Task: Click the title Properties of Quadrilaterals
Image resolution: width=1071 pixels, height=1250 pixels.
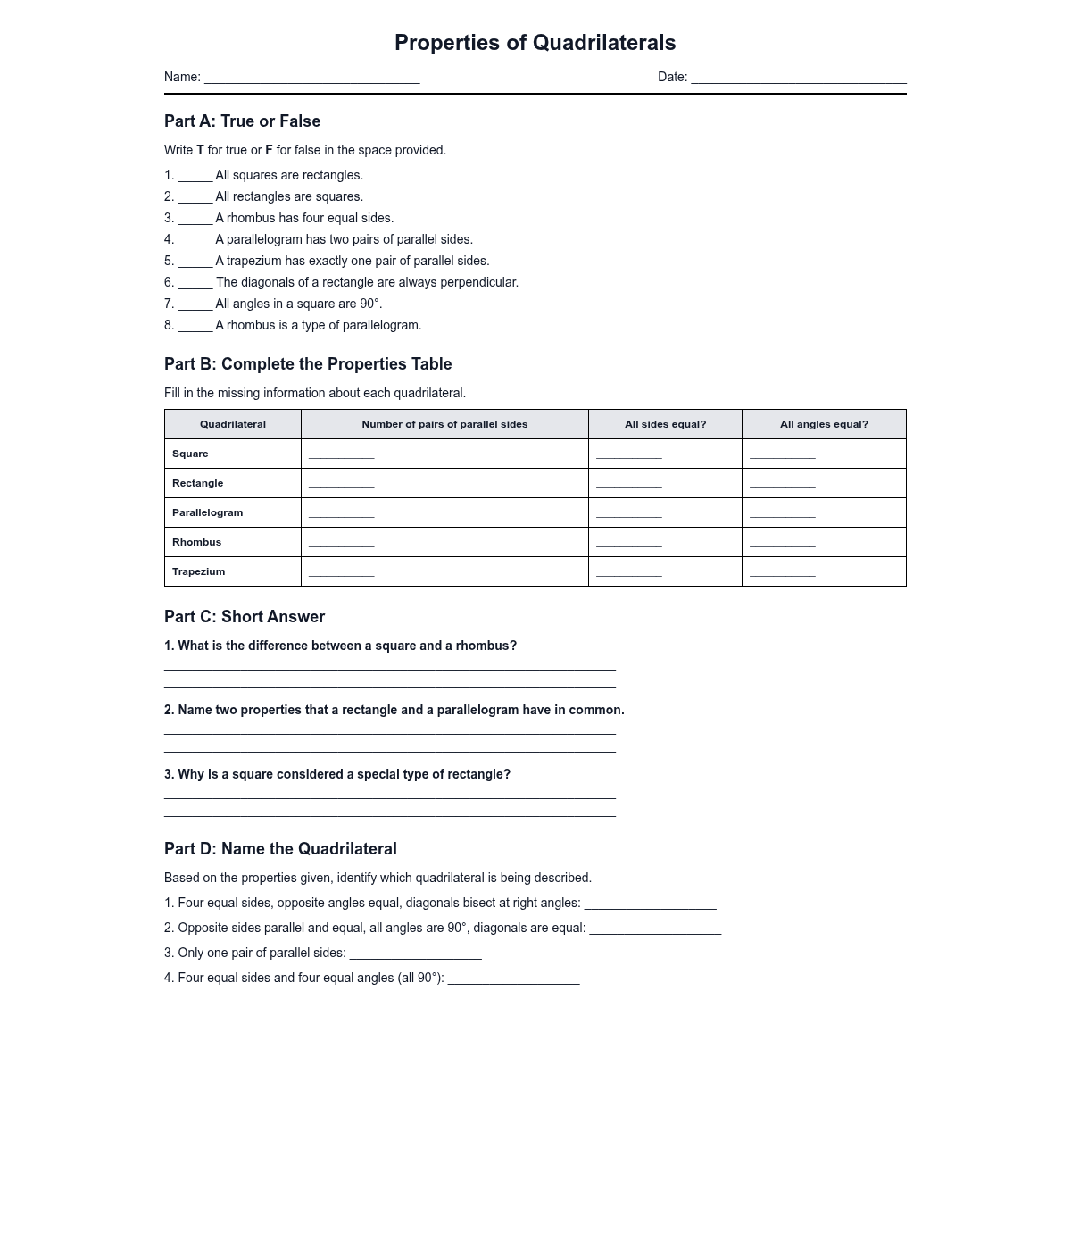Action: click(x=535, y=43)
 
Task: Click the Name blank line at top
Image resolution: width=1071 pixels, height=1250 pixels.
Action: click(x=311, y=79)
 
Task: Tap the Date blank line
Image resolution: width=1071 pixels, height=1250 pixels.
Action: click(x=798, y=79)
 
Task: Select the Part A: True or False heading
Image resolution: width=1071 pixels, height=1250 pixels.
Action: click(x=242, y=121)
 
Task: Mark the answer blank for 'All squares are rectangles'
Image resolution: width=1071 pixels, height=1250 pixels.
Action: click(x=195, y=177)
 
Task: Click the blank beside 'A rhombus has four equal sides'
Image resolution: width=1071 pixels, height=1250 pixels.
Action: click(x=195, y=220)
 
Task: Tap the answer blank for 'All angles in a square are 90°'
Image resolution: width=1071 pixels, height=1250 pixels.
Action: click(x=195, y=305)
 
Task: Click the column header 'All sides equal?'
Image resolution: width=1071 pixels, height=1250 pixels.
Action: click(x=665, y=424)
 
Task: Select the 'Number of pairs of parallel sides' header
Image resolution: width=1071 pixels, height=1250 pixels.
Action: click(x=444, y=424)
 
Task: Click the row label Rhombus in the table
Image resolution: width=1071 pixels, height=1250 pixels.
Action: click(x=196, y=542)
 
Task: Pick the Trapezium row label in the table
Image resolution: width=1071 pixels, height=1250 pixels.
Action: click(x=198, y=571)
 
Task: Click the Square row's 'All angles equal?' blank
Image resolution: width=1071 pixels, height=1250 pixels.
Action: click(x=782, y=455)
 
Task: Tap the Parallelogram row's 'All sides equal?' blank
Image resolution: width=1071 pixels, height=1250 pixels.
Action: click(x=628, y=514)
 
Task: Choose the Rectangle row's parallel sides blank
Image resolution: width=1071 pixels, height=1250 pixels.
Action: click(x=341, y=485)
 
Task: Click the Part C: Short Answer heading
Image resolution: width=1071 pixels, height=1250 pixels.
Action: click(x=245, y=617)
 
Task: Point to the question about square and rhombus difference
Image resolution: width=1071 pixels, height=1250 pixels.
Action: click(x=340, y=646)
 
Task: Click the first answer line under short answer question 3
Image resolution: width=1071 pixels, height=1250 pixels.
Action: click(x=389, y=796)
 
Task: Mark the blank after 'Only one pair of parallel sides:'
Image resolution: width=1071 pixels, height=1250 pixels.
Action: click(x=415, y=955)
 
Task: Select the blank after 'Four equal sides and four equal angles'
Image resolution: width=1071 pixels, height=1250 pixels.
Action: click(x=513, y=980)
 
